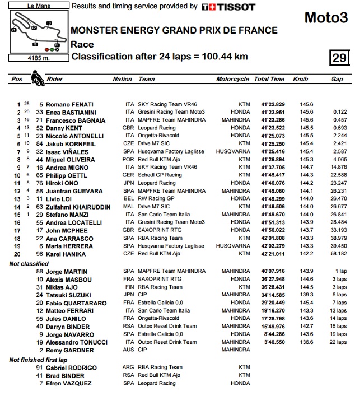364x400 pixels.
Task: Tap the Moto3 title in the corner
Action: point(326,18)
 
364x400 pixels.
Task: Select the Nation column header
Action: point(123,80)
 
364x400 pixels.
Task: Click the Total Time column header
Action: point(269,80)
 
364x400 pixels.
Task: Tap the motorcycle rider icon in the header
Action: point(38,78)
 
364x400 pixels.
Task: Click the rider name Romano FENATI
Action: point(69,105)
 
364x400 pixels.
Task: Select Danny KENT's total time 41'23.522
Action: point(273,128)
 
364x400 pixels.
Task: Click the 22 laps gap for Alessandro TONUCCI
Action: point(338,342)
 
